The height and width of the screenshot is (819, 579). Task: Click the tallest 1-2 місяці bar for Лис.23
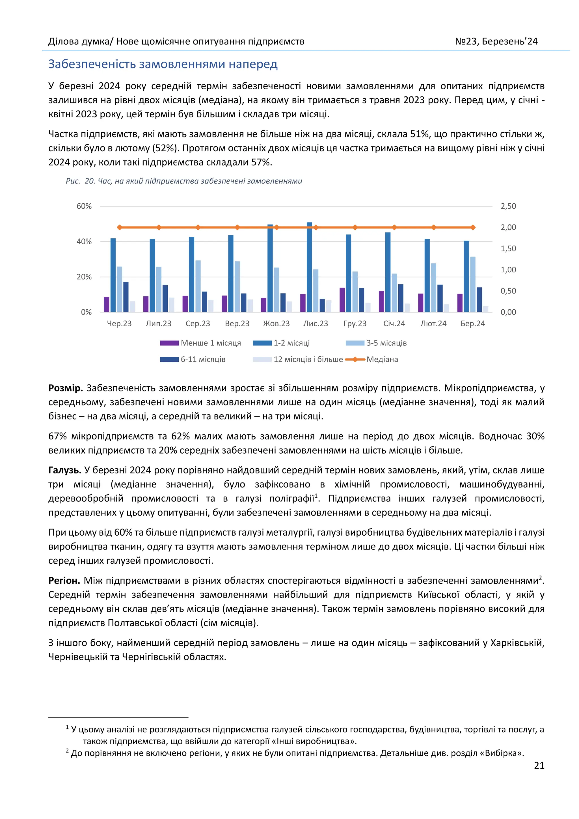click(309, 268)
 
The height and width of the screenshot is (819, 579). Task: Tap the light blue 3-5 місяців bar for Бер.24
click(473, 284)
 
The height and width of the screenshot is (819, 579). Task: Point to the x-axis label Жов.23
click(276, 324)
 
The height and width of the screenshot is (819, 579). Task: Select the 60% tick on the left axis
click(84, 206)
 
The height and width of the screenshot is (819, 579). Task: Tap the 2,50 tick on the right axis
click(508, 206)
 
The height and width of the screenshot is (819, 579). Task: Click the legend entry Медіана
click(382, 359)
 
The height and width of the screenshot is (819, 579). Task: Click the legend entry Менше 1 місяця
click(210, 343)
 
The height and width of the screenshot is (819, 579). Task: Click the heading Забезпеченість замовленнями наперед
click(163, 64)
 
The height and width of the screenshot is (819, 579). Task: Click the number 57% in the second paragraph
click(261, 162)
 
